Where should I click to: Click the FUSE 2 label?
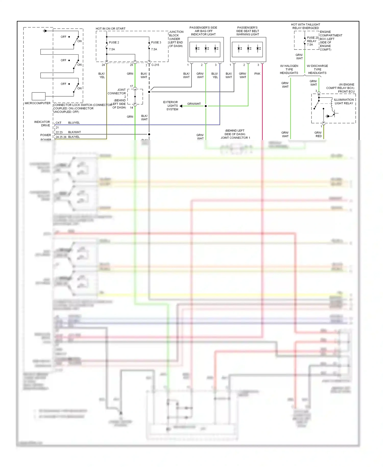pyautogui.click(x=114, y=42)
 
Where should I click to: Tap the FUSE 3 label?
pyautogui.click(x=156, y=42)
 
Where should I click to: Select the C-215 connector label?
pyautogui.click(x=155, y=65)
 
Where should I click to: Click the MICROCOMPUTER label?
pyautogui.click(x=38, y=103)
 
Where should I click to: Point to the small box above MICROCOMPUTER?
pyautogui.click(x=39, y=96)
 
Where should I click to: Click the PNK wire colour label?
pyautogui.click(x=257, y=74)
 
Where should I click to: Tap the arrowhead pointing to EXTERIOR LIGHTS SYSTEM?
pyautogui.click(x=181, y=106)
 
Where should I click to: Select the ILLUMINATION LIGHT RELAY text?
pyautogui.click(x=344, y=101)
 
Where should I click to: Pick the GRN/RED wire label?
pyautogui.click(x=318, y=134)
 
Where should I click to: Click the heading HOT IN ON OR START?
pyautogui.click(x=111, y=29)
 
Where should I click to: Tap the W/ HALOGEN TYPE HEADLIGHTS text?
pyautogui.click(x=289, y=69)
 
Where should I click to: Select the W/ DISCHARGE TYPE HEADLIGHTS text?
pyautogui.click(x=317, y=69)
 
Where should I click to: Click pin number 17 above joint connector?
pyautogui.click(x=131, y=86)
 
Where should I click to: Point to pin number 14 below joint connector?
pyautogui.click(x=131, y=108)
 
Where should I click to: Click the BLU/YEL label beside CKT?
pyautogui.click(x=74, y=123)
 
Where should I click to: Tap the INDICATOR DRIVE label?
pyautogui.click(x=42, y=124)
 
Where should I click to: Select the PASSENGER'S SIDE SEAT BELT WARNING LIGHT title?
pyautogui.click(x=247, y=31)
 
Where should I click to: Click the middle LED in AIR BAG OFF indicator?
pyautogui.click(x=206, y=49)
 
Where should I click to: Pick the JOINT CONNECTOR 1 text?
pyautogui.click(x=235, y=138)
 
